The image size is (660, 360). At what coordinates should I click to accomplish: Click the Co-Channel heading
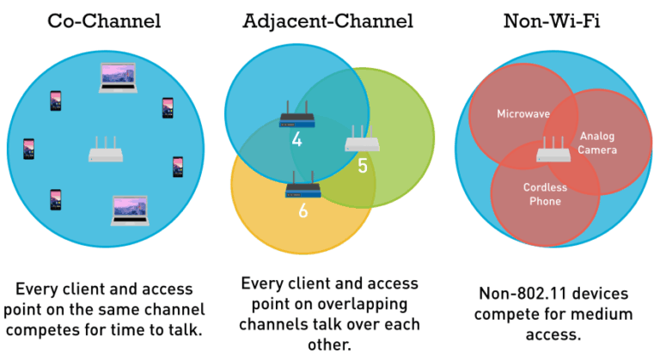[x=103, y=21]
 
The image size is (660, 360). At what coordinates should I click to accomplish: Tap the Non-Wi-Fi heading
[x=551, y=21]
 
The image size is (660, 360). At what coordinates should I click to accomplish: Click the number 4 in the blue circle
[x=296, y=138]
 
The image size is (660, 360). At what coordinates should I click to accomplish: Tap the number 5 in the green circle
[x=362, y=165]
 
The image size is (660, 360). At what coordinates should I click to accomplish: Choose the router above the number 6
[x=302, y=183]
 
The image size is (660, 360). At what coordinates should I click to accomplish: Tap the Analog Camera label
[x=597, y=143]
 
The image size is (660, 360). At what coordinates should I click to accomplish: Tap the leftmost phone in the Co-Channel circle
[x=28, y=149]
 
